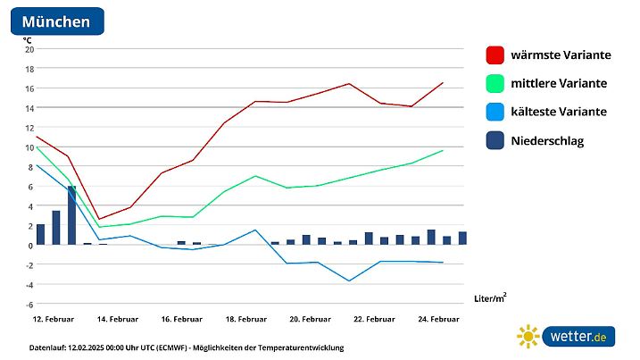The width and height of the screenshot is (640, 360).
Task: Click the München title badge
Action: click(x=56, y=21)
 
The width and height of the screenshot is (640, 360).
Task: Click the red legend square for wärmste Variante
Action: click(x=495, y=55)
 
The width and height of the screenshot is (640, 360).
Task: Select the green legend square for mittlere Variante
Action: click(x=495, y=84)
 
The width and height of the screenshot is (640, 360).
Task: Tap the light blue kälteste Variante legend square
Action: click(x=495, y=113)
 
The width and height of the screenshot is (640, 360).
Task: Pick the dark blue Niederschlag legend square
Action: click(x=495, y=141)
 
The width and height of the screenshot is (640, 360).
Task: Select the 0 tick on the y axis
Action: click(x=29, y=245)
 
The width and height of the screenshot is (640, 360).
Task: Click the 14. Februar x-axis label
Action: click(x=118, y=319)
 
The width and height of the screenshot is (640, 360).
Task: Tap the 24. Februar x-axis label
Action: click(x=438, y=319)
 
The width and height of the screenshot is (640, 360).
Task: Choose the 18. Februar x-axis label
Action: click(x=246, y=319)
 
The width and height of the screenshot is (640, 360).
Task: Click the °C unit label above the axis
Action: click(x=27, y=39)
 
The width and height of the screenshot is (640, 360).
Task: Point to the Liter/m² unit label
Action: click(x=489, y=297)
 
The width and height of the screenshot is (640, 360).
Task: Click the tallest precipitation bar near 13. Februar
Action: click(x=71, y=215)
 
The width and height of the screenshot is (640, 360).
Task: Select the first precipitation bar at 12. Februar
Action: click(x=40, y=234)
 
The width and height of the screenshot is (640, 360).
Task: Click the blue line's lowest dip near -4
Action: click(x=349, y=280)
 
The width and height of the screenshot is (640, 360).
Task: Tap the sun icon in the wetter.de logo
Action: click(x=528, y=337)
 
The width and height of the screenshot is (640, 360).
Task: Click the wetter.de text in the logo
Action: click(x=578, y=337)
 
